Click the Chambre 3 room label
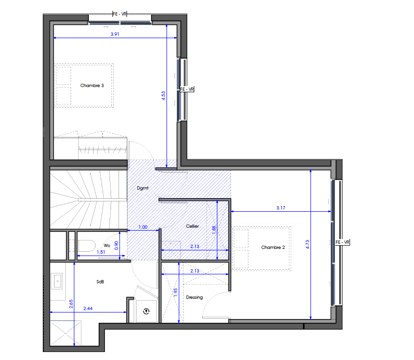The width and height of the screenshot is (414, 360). (x=92, y=86)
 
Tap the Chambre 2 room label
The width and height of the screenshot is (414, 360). (x=273, y=248)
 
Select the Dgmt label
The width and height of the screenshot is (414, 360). (x=143, y=188)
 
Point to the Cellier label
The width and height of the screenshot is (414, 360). (x=192, y=226)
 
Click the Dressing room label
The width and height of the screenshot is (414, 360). (x=194, y=297)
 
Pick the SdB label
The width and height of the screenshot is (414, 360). (x=100, y=282)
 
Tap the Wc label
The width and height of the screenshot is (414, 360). (x=107, y=246)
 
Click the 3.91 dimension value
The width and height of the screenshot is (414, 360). (x=115, y=34)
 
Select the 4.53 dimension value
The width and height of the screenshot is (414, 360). (x=163, y=96)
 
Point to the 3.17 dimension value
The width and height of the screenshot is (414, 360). (x=281, y=208)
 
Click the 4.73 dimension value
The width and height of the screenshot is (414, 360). (x=307, y=244)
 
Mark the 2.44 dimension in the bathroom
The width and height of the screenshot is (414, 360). (x=88, y=309)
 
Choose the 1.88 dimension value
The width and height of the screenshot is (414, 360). (x=214, y=230)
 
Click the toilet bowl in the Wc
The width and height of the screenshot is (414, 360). (x=87, y=246)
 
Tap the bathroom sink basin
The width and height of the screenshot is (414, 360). (x=58, y=281)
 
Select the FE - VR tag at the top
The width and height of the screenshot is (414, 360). (x=120, y=14)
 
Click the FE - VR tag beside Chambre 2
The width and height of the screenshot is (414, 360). (x=342, y=242)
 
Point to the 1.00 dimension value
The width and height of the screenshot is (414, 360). (x=143, y=227)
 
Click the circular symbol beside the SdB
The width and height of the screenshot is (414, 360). (x=146, y=312)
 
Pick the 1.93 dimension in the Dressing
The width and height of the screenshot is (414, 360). (x=175, y=292)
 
